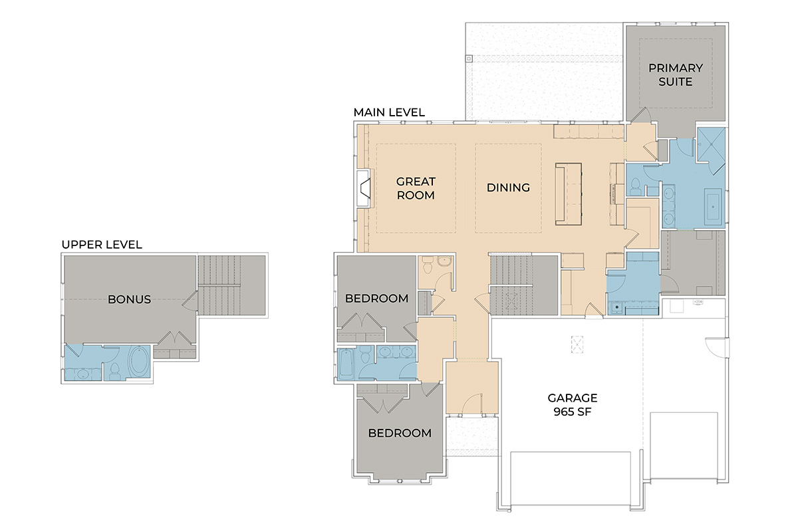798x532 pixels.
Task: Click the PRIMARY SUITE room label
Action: [676, 75]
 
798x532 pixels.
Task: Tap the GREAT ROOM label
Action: [416, 188]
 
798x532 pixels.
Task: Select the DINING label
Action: [508, 188]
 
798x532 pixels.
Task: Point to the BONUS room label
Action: [129, 299]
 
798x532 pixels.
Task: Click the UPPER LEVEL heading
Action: [102, 245]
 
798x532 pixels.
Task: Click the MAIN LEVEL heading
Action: [389, 112]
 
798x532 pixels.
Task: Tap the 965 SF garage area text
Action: [573, 412]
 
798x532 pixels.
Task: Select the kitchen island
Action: [569, 194]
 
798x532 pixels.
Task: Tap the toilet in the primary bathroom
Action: [635, 187]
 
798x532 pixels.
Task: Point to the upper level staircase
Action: [231, 285]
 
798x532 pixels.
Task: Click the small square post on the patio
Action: [469, 59]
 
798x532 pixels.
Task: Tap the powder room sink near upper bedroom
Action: [444, 262]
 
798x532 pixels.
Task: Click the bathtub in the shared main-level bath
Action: [346, 364]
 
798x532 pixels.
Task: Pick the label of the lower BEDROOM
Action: [400, 434]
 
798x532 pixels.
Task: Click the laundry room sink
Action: [616, 307]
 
